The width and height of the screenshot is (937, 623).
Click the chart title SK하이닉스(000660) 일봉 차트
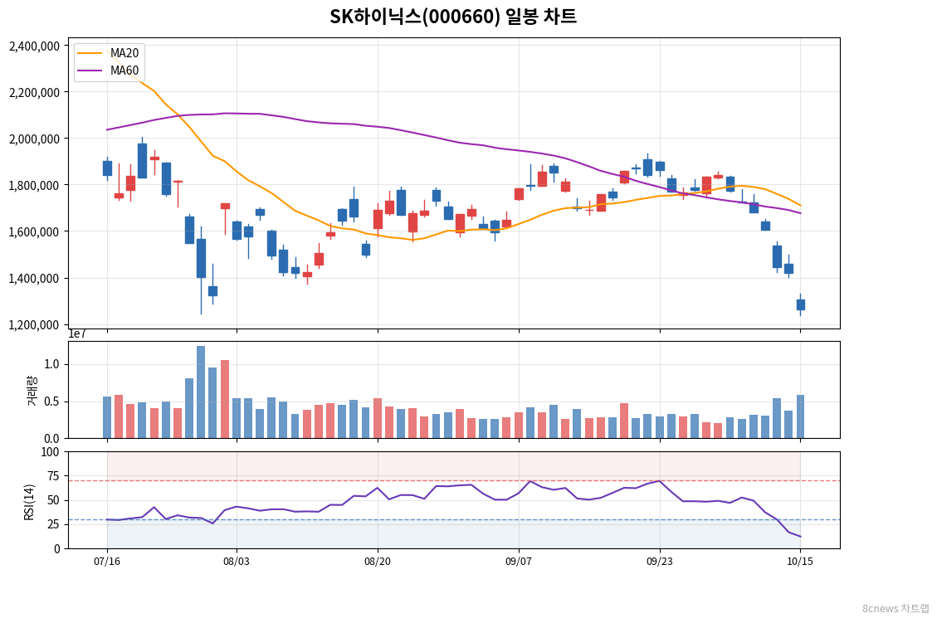[453, 16]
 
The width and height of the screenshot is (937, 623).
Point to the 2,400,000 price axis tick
[35, 46]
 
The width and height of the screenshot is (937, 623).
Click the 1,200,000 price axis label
[35, 325]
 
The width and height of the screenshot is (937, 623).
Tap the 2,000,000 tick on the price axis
[35, 139]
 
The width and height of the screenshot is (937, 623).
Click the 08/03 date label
[236, 562]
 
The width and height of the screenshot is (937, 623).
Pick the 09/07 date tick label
[519, 562]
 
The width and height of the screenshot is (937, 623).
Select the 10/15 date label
[800, 562]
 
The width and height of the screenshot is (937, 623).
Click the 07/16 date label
[107, 562]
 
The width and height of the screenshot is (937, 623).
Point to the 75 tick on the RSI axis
[53, 476]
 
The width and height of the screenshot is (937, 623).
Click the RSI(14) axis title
[29, 503]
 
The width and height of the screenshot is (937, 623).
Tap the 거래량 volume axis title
[32, 391]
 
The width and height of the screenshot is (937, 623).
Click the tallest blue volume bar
[201, 392]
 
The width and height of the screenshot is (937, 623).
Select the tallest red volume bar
[225, 399]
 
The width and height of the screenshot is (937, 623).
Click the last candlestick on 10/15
[801, 304]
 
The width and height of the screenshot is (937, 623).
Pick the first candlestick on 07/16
[108, 168]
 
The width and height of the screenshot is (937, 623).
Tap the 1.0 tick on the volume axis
[53, 364]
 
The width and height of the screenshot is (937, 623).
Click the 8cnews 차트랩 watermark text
[896, 608]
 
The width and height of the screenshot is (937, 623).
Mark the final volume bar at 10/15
[801, 417]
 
